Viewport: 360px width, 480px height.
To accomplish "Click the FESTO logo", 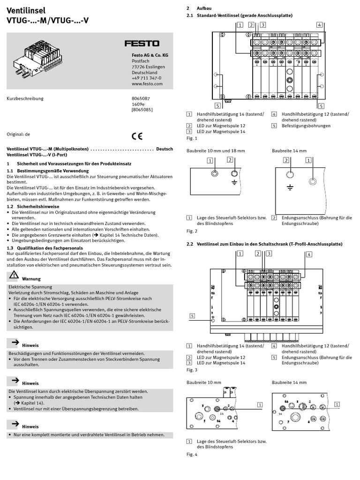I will coord(142,44).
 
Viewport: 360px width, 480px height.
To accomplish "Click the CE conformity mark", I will coord(137,137).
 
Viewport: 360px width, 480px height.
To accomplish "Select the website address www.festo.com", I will coord(147,84).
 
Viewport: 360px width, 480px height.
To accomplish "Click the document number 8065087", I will coord(141,98).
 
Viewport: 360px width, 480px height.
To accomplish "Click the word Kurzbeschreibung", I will coord(24,98).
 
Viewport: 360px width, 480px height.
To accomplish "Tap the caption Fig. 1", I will coord(192,138).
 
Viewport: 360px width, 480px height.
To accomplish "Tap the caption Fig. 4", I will coord(192,454).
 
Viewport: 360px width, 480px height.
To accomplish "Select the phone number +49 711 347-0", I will coord(146,78).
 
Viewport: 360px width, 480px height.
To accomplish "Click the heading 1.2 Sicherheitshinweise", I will coord(33,206).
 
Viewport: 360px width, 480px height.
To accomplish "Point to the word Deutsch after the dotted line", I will coord(165,149).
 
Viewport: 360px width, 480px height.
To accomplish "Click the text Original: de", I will coord(18,134).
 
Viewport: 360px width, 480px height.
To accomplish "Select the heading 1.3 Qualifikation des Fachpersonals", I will coord(45,247).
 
